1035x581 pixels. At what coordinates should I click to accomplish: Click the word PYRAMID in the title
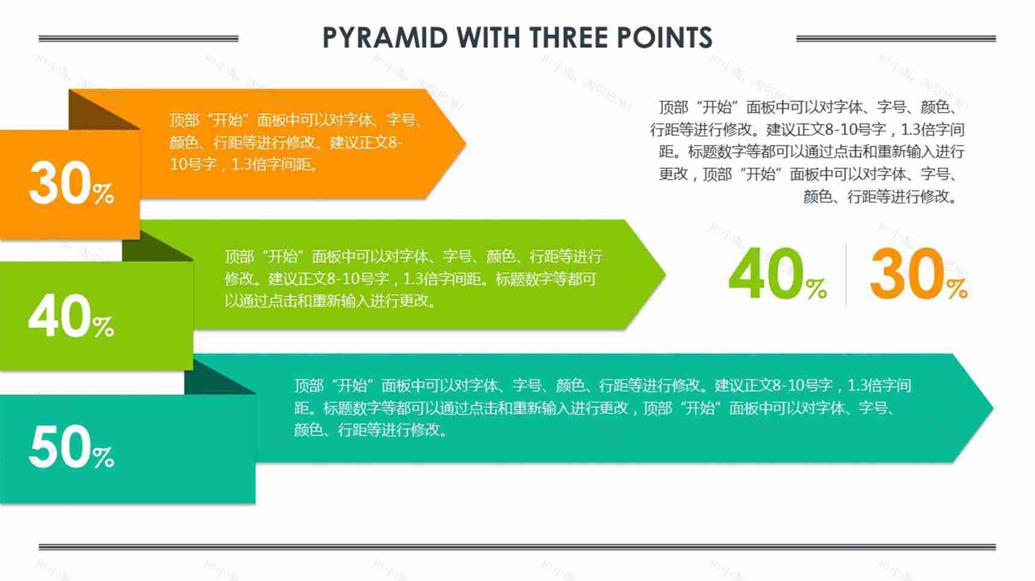[386, 38]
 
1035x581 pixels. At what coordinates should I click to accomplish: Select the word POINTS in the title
[664, 38]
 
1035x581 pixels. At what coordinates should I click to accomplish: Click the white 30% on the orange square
[71, 184]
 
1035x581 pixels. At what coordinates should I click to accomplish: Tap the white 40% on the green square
[71, 317]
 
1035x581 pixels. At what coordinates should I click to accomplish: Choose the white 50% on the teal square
[71, 447]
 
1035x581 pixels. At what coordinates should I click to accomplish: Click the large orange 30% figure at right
[918, 275]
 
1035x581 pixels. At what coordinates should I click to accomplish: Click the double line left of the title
[138, 38]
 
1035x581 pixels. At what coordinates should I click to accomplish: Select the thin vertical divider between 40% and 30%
[846, 275]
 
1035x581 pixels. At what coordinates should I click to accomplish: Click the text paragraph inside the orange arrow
[295, 142]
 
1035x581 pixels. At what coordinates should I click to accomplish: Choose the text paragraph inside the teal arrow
[602, 407]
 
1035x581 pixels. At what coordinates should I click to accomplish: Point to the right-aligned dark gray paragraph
[809, 152]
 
